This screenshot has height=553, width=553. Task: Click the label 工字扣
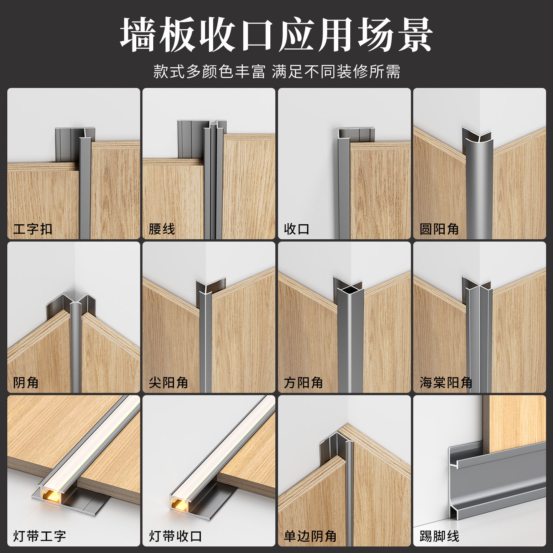pos(33,229)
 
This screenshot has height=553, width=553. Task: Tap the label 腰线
pos(162,229)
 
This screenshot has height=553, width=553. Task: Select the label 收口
pos(297,229)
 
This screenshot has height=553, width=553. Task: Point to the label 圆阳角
pos(439,229)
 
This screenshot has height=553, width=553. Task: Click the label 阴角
pos(26,382)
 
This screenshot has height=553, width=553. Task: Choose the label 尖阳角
pos(168,382)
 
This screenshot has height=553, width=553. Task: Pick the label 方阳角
pos(303,382)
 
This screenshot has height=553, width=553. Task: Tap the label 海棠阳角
pos(446,382)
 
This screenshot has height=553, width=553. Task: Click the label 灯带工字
pos(39,536)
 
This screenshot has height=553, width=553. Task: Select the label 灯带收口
pos(175,536)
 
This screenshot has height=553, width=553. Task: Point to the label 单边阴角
pos(310,536)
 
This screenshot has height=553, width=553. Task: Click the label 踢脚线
pos(439,536)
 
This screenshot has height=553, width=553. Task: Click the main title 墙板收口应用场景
pos(276,35)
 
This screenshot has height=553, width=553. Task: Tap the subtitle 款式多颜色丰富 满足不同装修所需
pos(276,71)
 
